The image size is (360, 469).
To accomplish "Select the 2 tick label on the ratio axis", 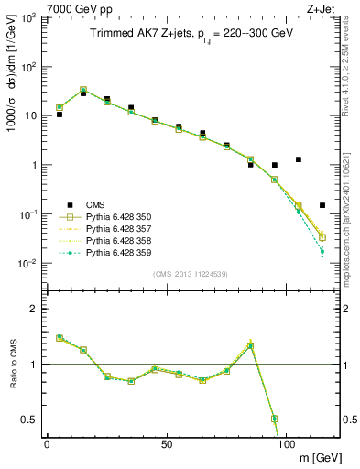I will pos(34,309).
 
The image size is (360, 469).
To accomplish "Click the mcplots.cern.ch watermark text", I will pos(352,211).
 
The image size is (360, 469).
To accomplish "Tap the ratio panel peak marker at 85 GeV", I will pos(250,345).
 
